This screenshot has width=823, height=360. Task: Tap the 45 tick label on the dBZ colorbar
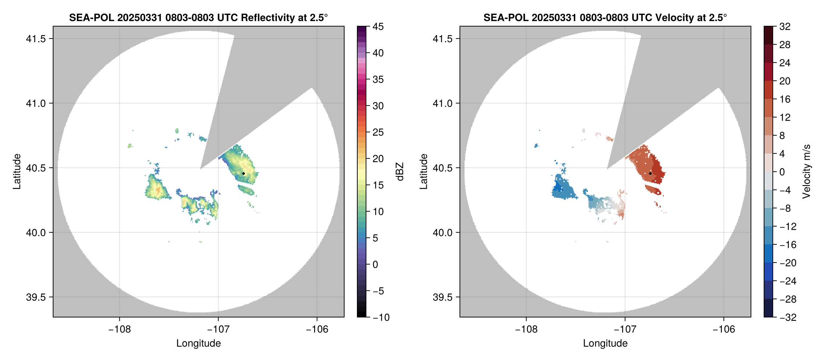[x=378, y=27]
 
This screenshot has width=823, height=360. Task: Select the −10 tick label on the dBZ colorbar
[x=381, y=317]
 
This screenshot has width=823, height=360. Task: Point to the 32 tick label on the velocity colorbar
[x=785, y=27]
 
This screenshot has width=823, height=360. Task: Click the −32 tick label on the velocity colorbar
[x=788, y=317]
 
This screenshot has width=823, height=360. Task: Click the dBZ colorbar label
[x=399, y=172]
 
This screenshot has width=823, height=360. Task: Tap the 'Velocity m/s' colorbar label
[x=806, y=172]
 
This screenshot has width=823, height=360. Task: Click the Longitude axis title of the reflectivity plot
[x=199, y=343]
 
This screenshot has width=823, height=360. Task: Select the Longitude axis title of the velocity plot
[x=605, y=343]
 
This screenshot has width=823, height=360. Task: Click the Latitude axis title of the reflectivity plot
[x=17, y=172]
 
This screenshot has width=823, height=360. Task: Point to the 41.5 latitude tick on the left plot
[x=36, y=39]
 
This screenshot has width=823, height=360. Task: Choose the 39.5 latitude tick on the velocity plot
[x=442, y=297]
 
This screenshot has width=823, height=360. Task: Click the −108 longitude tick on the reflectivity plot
[x=120, y=329]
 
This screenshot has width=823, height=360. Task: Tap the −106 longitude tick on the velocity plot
[x=724, y=329]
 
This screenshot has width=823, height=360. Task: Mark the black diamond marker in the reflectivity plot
[x=243, y=173]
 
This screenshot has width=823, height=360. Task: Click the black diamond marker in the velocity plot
[x=650, y=173]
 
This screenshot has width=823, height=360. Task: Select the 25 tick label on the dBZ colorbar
[x=378, y=132]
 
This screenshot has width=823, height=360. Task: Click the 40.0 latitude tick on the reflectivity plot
[x=36, y=232]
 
